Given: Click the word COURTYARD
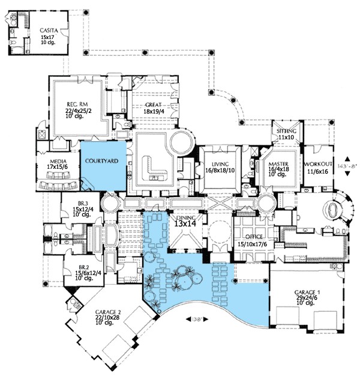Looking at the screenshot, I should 100,161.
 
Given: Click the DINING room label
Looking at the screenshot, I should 187,214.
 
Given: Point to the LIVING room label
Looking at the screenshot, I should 220,163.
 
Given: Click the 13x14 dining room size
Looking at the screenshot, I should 187,222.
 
